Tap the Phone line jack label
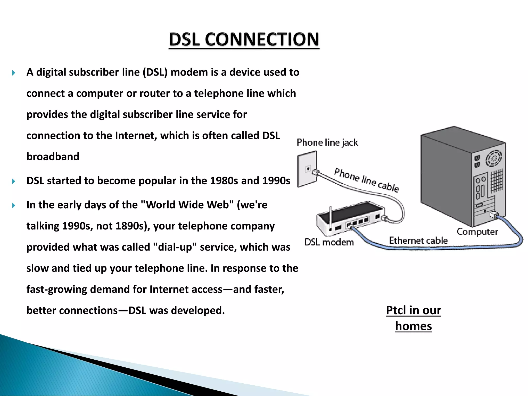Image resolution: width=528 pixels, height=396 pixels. [x=327, y=142]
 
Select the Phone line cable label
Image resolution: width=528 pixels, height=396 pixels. [x=366, y=180]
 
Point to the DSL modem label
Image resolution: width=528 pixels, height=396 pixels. [x=329, y=242]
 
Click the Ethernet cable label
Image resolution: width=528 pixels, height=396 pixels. [x=418, y=240]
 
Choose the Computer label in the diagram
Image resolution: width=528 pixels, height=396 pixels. [x=477, y=232]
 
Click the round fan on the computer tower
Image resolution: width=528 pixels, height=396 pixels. [x=494, y=158]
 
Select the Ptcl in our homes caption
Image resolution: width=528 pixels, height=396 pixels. [x=414, y=318]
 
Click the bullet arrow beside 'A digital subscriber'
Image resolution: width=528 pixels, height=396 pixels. [x=14, y=73]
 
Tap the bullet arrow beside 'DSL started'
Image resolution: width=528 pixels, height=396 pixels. [x=14, y=181]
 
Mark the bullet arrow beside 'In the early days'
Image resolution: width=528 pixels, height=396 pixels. [x=14, y=205]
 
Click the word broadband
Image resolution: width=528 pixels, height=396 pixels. [x=53, y=157]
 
